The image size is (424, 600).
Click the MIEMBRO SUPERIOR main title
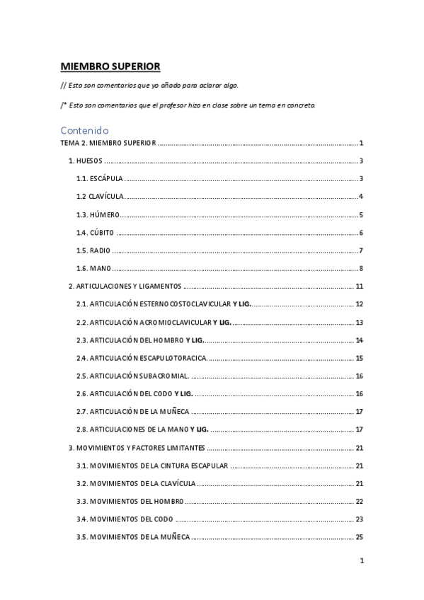[110, 67]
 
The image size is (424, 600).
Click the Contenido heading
[84, 129]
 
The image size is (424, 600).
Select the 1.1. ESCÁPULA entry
[100, 178]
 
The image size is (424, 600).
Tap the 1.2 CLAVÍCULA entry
[101, 196]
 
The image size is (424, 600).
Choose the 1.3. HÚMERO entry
[98, 214]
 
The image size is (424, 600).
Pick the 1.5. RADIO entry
[93, 250]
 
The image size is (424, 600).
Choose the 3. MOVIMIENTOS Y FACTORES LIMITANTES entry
[137, 448]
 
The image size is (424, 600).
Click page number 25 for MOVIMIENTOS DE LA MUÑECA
[360, 537]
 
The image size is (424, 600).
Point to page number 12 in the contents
[360, 304]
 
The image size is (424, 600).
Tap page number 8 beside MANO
[361, 268]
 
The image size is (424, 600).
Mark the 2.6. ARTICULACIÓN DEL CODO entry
[134, 393]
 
